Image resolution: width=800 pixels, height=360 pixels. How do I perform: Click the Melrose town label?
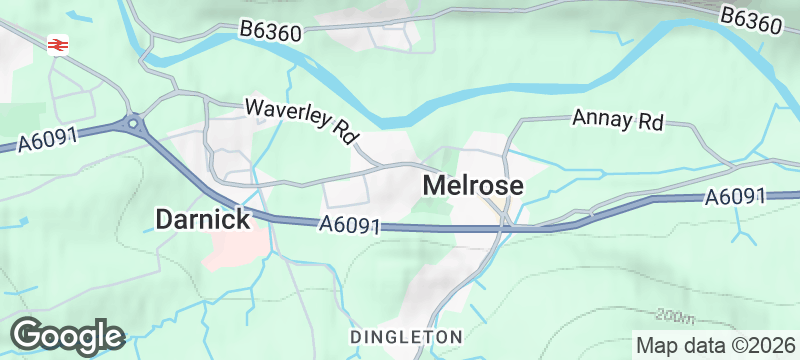click(x=473, y=186)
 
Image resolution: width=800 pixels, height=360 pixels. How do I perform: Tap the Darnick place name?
click(x=202, y=219)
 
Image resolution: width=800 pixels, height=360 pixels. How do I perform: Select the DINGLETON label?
click(x=406, y=335)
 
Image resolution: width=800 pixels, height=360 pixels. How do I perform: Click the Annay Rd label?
click(x=618, y=120)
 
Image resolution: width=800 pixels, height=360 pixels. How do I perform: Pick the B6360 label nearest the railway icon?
click(x=270, y=33)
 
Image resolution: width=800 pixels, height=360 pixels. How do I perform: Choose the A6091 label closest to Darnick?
click(x=351, y=227)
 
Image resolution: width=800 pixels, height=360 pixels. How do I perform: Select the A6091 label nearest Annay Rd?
click(x=736, y=195)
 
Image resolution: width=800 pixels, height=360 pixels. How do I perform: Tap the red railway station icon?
click(x=57, y=45)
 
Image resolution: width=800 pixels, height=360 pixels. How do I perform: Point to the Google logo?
click(x=67, y=336)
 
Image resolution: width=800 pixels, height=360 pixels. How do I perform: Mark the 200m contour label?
click(x=677, y=317)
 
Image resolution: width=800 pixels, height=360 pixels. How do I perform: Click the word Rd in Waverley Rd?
click(x=347, y=131)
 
